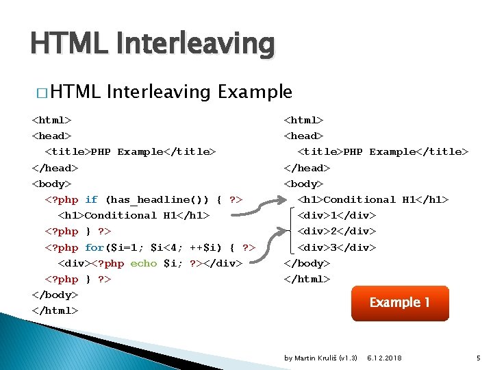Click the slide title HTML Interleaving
(x=152, y=44)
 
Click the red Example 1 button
(x=400, y=303)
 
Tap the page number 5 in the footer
(x=479, y=358)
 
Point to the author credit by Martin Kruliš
(x=320, y=358)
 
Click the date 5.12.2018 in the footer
(x=384, y=358)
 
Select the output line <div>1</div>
(x=337, y=215)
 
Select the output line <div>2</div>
(x=337, y=231)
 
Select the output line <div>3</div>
(x=337, y=247)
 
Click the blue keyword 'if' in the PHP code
(x=92, y=199)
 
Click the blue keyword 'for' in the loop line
(x=94, y=247)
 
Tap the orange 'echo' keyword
(x=144, y=263)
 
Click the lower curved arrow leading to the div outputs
(x=270, y=240)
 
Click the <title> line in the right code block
(x=383, y=151)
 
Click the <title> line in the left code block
(x=130, y=151)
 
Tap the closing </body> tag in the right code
(x=307, y=263)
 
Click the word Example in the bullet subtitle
(x=255, y=92)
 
